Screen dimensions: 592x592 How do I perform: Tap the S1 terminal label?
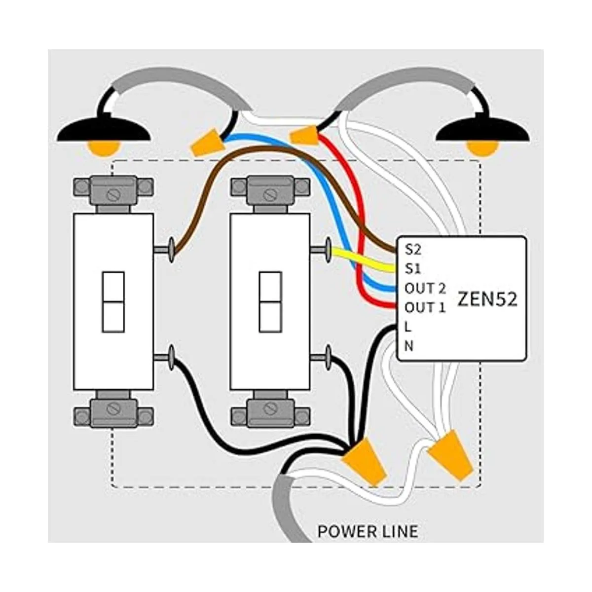coord(412,269)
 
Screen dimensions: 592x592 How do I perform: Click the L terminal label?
coord(407,327)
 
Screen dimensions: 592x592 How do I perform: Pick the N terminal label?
coord(408,346)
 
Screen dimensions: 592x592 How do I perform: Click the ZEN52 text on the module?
coord(487,299)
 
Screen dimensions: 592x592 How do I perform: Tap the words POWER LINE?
coord(368,531)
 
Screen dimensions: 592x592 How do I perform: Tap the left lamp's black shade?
coord(103,129)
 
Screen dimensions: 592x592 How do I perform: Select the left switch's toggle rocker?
coord(113,301)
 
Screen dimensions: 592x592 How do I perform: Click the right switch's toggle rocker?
coord(270,301)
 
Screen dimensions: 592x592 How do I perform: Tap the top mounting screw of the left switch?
coord(113,194)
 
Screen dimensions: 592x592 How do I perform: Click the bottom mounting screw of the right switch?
coord(270,408)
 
